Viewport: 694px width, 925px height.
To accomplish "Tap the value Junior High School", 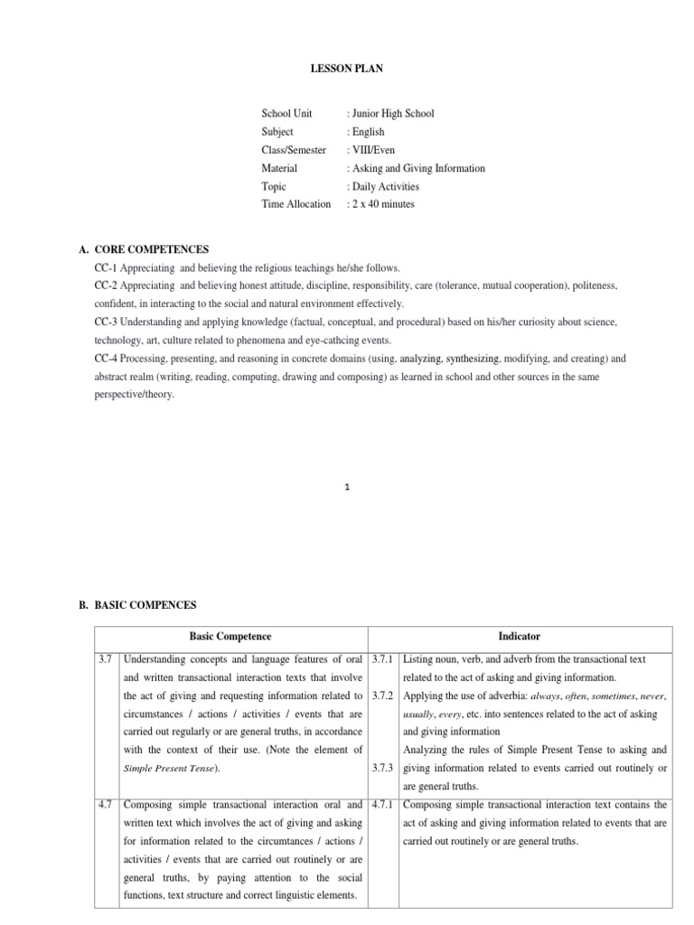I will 390,114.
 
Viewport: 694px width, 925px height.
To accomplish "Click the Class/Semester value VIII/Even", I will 370,150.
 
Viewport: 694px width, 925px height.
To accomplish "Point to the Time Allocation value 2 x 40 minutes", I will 380,204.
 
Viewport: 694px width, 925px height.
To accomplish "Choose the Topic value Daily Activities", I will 383,186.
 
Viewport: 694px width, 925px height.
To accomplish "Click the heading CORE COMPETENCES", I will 151,249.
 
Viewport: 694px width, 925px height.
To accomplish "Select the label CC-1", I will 107,268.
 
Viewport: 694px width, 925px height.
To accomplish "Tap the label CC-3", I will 107,322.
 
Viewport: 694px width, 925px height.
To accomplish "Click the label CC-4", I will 107,359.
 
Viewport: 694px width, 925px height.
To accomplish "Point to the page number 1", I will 347,487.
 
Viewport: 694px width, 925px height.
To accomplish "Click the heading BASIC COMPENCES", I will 145,604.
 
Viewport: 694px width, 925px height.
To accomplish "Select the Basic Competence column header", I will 230,637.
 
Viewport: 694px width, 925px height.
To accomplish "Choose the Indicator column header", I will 520,637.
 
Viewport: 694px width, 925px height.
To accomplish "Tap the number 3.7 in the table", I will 107,659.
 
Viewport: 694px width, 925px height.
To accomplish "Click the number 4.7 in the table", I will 107,804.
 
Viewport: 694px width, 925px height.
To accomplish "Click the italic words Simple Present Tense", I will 170,769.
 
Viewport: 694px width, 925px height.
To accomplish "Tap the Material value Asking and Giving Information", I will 416,168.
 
